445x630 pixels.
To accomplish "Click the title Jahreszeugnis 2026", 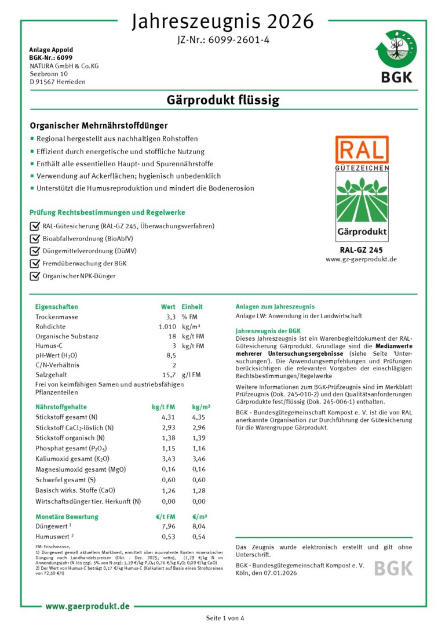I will coord(222,21).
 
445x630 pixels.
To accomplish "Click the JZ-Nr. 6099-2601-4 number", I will coord(222,40).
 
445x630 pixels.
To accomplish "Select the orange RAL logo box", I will coord(362,150).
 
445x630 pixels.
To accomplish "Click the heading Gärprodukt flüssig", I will coord(223,100).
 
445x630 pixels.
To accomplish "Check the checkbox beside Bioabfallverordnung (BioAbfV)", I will coord(34,238).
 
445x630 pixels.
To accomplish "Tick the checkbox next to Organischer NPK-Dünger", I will coord(34,276).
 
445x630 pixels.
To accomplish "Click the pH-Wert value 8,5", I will coord(171,355).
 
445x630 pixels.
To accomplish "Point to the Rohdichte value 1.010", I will coord(167,326).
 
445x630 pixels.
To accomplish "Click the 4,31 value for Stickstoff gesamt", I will coord(168,417).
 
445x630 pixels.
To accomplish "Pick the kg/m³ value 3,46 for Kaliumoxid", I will coord(199,458).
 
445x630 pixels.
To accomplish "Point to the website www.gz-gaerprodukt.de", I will coord(362,259).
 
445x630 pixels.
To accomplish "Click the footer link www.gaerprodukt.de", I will coord(87,606).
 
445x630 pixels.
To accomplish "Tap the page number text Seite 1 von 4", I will coord(225,618).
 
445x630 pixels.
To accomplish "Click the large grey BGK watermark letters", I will coord(393,568).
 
